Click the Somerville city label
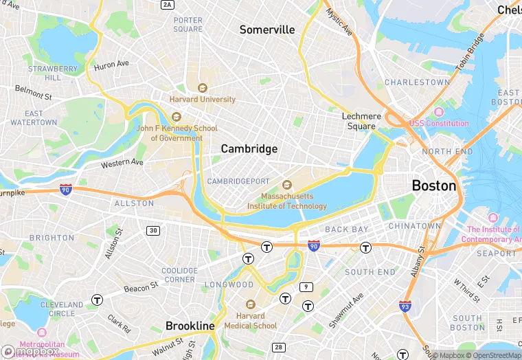tap(267, 30)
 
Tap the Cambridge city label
tap(249, 149)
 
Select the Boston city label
tap(433, 185)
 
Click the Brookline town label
tap(190, 326)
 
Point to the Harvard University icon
tap(202, 88)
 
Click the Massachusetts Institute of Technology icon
tap(287, 184)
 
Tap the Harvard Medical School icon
tap(250, 304)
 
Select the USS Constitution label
tap(439, 123)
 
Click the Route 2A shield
tap(168, 5)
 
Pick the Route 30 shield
tap(152, 230)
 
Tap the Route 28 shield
tap(279, 347)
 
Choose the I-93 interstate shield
tap(406, 305)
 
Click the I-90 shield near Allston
tap(66, 188)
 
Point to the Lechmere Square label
tap(361, 121)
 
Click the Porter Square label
tap(188, 25)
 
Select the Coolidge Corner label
tap(179, 275)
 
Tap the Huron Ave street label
tap(112, 64)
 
